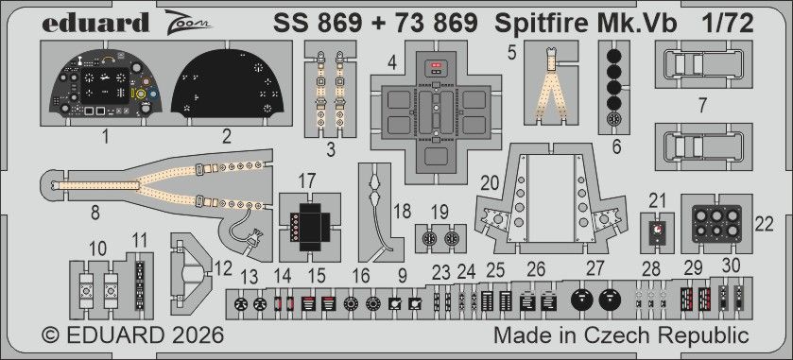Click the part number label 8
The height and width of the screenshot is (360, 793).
point(95,213)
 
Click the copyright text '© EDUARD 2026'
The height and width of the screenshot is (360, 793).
point(131,335)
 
